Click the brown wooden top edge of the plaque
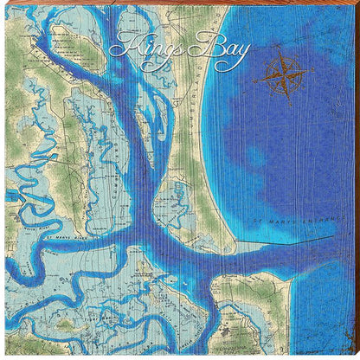(x=180, y=3)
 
